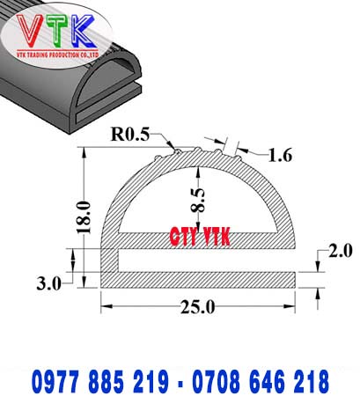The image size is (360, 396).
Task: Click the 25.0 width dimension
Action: pos(197,307)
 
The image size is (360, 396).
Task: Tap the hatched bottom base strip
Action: pos(198,279)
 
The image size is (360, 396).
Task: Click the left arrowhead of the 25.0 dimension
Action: pos(107,306)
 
